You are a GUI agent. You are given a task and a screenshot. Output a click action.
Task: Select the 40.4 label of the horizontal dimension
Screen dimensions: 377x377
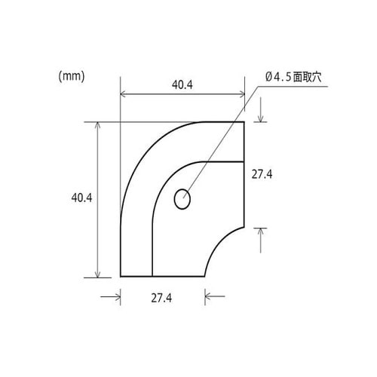point(182,85)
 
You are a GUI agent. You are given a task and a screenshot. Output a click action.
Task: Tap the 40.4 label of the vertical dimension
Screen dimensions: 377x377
point(81,198)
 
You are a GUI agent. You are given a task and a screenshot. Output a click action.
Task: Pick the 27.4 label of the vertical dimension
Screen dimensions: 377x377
point(262,174)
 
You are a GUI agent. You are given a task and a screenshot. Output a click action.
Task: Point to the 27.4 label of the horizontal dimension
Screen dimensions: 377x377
point(161,299)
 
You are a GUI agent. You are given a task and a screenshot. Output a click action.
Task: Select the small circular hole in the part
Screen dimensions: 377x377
point(182,200)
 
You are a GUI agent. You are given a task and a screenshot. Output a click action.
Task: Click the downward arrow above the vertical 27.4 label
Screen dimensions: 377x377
point(261,116)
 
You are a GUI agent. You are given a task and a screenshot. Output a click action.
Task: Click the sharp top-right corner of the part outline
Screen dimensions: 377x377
point(245,121)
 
